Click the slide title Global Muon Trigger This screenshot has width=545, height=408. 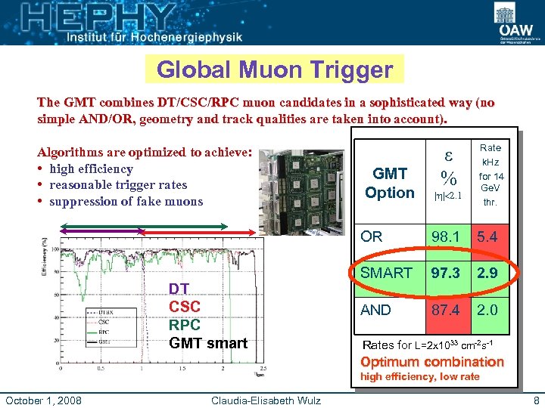tap(275, 70)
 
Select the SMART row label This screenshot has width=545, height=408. tap(386, 273)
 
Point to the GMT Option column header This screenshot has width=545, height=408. tap(389, 183)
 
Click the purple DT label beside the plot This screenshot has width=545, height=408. tap(179, 289)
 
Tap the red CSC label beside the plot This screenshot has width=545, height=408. tap(184, 307)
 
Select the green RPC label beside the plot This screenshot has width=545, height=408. tap(184, 325)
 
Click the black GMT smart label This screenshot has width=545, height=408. tap(207, 343)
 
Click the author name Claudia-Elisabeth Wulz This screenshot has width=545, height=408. tap(266, 400)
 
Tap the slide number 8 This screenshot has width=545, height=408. tap(536, 400)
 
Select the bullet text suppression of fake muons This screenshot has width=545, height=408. tap(126, 201)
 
